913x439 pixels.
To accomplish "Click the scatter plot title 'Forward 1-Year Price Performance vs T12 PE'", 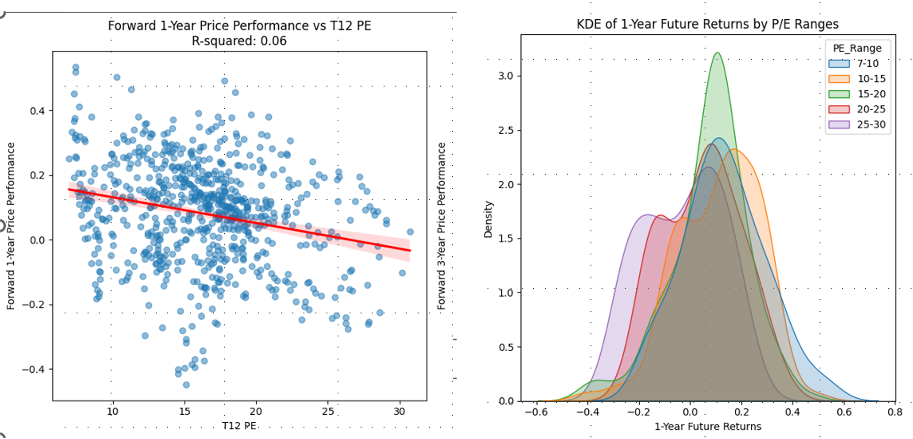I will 239,26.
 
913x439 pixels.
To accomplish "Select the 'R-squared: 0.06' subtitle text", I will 239,41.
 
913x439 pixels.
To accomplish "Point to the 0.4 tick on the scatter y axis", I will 37,111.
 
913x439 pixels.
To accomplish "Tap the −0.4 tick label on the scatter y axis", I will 32,369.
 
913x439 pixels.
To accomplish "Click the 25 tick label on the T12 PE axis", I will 328,411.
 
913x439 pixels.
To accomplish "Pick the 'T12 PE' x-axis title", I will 239,426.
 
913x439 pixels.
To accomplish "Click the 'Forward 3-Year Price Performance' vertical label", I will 441,226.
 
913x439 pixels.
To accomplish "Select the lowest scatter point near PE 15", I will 186,385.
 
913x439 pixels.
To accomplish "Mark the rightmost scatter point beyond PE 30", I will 410,232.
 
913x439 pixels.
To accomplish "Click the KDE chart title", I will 707,24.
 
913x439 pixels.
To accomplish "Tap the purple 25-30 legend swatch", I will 839,125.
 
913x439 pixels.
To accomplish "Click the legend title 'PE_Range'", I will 857,48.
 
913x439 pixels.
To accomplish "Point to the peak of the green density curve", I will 717,53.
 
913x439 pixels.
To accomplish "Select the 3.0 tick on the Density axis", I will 506,76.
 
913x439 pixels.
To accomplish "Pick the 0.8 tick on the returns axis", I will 895,412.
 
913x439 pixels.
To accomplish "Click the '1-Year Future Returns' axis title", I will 708,426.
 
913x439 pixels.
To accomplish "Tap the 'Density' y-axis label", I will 488,219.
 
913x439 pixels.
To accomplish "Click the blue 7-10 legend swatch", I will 839,63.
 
